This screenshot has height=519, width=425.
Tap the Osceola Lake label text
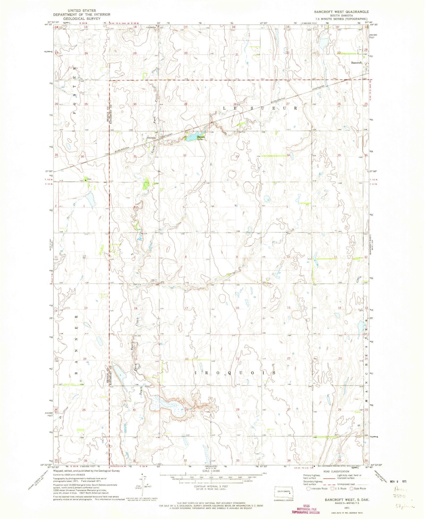pos(201,138)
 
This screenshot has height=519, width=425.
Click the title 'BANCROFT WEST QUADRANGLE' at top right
pos(341,12)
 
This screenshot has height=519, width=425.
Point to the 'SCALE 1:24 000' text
pos(211,471)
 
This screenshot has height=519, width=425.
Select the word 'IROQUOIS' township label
pos(235,373)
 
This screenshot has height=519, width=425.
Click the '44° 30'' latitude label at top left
pos(48,24)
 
